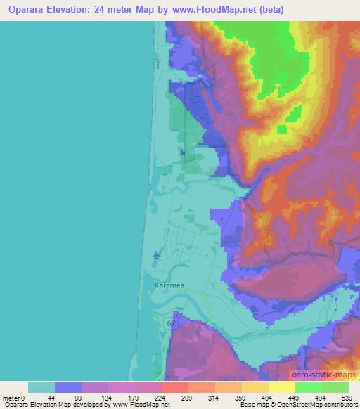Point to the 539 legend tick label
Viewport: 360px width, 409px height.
tap(349, 397)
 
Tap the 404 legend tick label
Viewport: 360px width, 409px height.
tap(268, 397)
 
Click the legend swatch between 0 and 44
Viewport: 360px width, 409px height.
tap(41, 387)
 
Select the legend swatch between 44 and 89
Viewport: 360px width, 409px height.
tap(68, 387)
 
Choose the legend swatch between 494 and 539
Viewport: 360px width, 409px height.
tap(335, 387)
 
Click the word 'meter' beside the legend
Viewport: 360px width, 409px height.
tap(11, 397)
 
